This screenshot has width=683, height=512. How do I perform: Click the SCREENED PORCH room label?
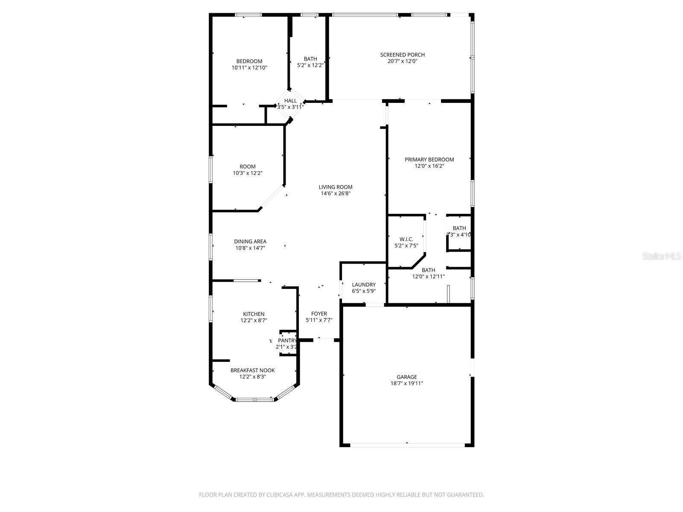[x=402, y=55]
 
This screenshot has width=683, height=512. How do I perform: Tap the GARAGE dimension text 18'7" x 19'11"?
[x=406, y=384]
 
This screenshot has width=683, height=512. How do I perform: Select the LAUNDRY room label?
[x=364, y=285]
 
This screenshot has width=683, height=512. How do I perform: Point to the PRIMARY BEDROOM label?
[x=429, y=160]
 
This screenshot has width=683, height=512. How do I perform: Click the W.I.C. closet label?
[x=406, y=239]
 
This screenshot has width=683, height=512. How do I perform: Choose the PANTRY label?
[x=287, y=340]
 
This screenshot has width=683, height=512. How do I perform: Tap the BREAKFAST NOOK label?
[x=252, y=370]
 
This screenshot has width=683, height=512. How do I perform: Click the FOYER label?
[x=319, y=314]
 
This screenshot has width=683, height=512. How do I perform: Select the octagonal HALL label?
[x=290, y=101]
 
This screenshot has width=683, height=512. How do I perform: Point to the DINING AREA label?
[x=250, y=241]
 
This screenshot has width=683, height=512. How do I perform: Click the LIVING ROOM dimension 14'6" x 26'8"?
[x=336, y=194]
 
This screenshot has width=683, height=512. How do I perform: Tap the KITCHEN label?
[x=254, y=314]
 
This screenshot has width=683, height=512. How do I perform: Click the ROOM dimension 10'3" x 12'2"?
[x=248, y=174]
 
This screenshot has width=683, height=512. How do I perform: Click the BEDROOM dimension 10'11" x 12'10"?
[x=249, y=68]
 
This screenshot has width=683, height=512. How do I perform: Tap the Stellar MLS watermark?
[x=661, y=256]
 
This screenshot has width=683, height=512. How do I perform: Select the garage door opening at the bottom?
[x=407, y=445]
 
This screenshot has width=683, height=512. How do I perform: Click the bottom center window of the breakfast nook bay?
[x=254, y=400]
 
